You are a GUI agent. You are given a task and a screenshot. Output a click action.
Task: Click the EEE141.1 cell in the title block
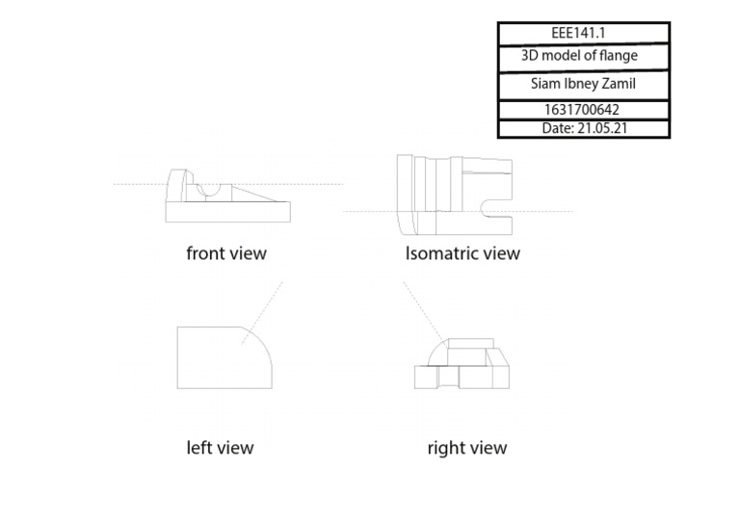(584, 34)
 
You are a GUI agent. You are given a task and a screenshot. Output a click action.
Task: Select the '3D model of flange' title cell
(584, 58)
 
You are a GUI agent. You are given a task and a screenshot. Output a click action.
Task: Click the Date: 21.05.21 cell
(584, 129)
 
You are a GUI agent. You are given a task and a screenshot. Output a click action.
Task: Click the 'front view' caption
(226, 253)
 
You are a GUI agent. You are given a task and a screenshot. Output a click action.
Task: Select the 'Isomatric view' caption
(462, 253)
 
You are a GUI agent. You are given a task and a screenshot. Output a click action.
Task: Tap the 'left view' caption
(220, 448)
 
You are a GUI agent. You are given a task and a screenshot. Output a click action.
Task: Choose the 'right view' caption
(467, 448)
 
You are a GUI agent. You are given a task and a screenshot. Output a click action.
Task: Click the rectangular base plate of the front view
(228, 212)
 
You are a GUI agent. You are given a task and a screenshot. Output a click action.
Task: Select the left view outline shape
(177, 357)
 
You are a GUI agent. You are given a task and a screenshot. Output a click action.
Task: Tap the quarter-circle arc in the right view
(435, 351)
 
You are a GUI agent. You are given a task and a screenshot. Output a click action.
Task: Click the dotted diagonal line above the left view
(262, 314)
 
